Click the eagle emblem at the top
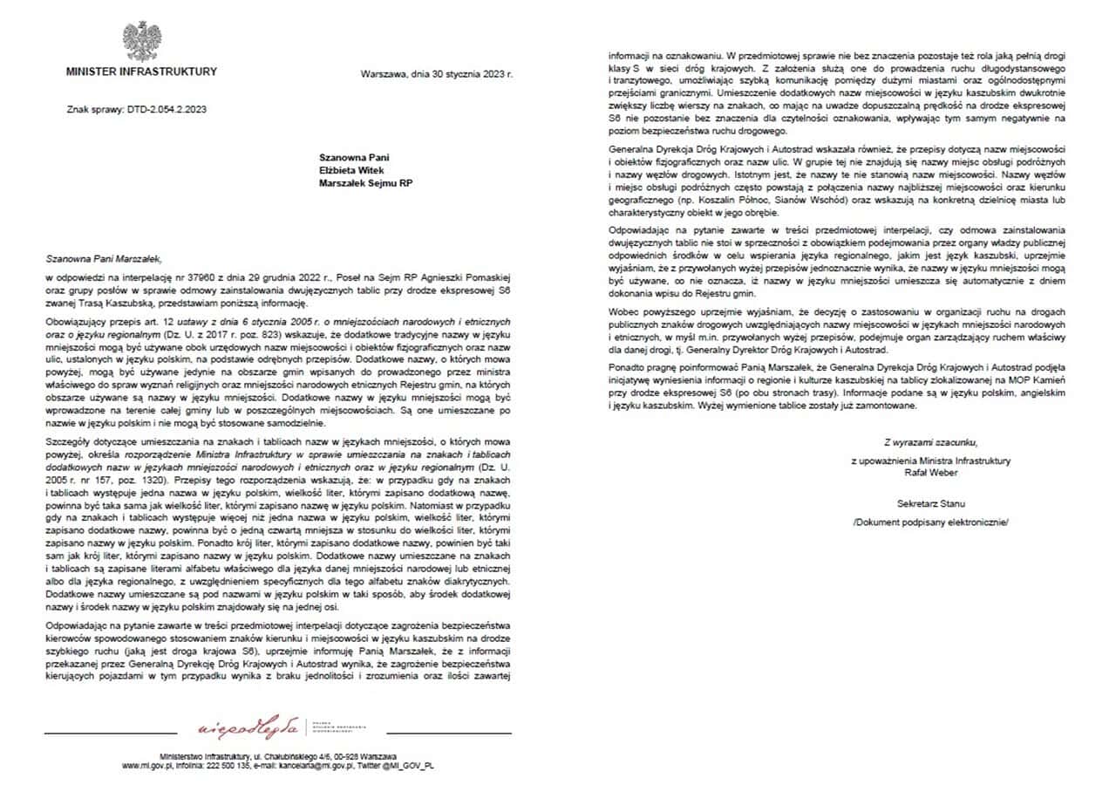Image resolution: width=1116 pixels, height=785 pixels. tap(141, 41)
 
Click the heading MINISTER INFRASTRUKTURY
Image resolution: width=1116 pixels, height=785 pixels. tap(141, 72)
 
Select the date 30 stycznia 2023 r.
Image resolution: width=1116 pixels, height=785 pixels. tap(466, 74)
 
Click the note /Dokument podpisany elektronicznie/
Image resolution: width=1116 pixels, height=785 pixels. tap(930, 522)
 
